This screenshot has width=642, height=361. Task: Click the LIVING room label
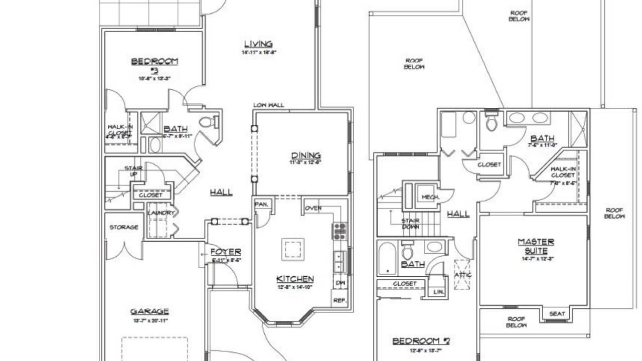(x=258, y=44)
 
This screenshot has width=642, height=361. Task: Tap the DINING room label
(x=305, y=155)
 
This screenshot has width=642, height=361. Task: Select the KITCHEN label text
(x=295, y=279)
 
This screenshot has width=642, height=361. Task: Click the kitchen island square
(x=292, y=249)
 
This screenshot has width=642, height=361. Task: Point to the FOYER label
(x=226, y=252)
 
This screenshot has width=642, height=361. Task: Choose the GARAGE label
(x=149, y=311)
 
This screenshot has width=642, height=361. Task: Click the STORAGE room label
(x=124, y=227)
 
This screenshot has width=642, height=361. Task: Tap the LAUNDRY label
(x=161, y=213)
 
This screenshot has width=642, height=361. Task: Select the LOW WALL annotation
(x=269, y=105)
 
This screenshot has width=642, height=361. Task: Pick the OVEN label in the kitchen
(x=313, y=208)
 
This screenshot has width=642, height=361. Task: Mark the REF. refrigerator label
(x=340, y=301)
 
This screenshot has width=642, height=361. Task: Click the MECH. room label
(x=430, y=197)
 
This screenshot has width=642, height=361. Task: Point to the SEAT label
(x=557, y=314)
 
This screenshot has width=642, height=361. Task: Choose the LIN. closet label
(x=438, y=291)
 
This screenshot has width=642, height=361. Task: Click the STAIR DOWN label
(x=410, y=224)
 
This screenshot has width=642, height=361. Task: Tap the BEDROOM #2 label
(x=421, y=341)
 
